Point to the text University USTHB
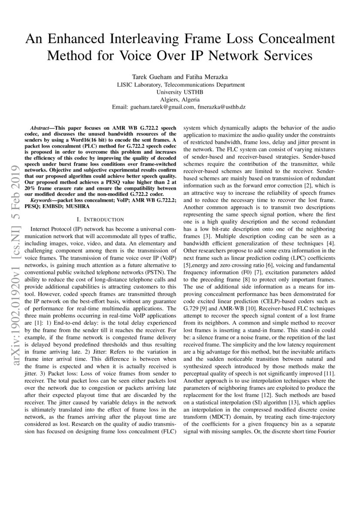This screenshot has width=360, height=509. point(180,92)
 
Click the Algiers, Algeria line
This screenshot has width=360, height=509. point(180,99)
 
